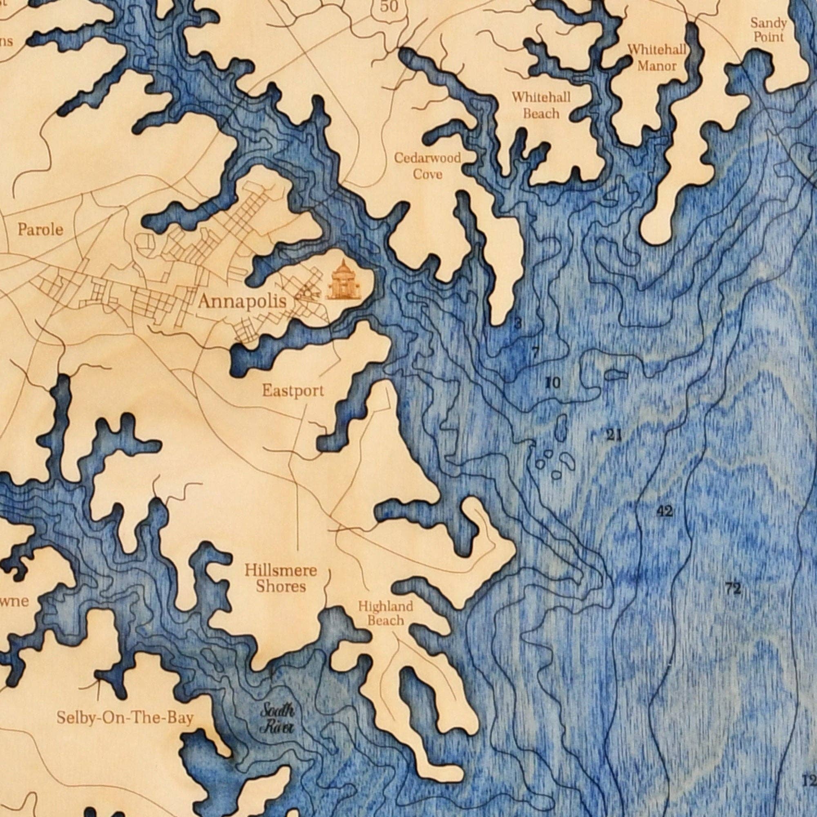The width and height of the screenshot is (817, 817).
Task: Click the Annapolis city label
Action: pyautogui.click(x=242, y=302)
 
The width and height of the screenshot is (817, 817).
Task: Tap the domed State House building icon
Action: pyautogui.click(x=344, y=281)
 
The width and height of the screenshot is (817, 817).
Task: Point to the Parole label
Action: pyautogui.click(x=40, y=230)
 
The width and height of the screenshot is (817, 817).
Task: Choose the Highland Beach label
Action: pyautogui.click(x=385, y=613)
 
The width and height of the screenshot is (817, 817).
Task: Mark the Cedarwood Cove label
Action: pyautogui.click(x=428, y=166)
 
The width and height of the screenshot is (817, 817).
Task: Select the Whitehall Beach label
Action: pyautogui.click(x=541, y=105)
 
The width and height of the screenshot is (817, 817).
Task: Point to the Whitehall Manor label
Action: pyautogui.click(x=657, y=58)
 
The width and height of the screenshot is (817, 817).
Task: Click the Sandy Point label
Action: pyautogui.click(x=768, y=29)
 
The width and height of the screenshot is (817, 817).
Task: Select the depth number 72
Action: pyautogui.click(x=733, y=588)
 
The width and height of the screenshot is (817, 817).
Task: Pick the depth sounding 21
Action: pyautogui.click(x=614, y=435)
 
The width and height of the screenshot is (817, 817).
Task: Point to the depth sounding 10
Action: pyautogui.click(x=553, y=383)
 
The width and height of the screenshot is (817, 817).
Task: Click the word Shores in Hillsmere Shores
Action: pyautogui.click(x=281, y=587)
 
